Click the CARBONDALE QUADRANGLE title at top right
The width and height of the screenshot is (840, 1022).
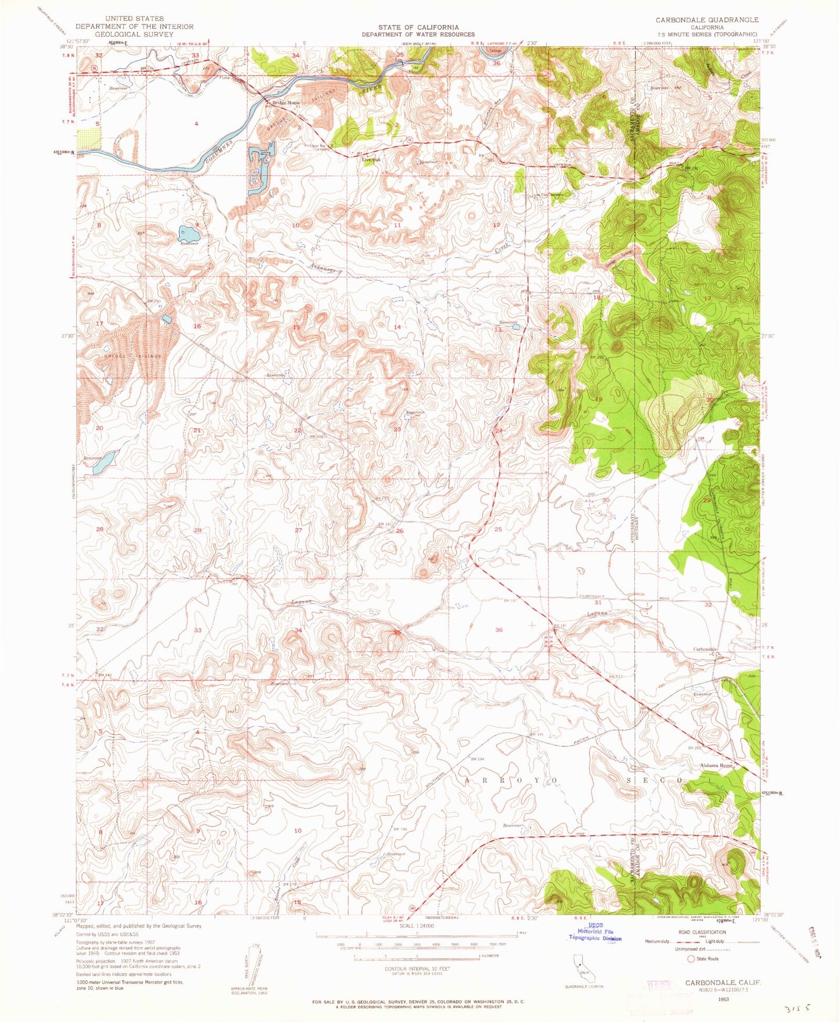pos(707,20)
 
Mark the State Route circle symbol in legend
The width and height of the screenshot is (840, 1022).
pos(692,959)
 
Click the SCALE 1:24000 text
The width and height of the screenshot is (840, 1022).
pos(416,926)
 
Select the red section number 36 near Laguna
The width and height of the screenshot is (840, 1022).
pos(499,630)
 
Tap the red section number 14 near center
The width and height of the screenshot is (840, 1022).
pos(398,327)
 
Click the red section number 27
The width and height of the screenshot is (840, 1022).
pos(298,530)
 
